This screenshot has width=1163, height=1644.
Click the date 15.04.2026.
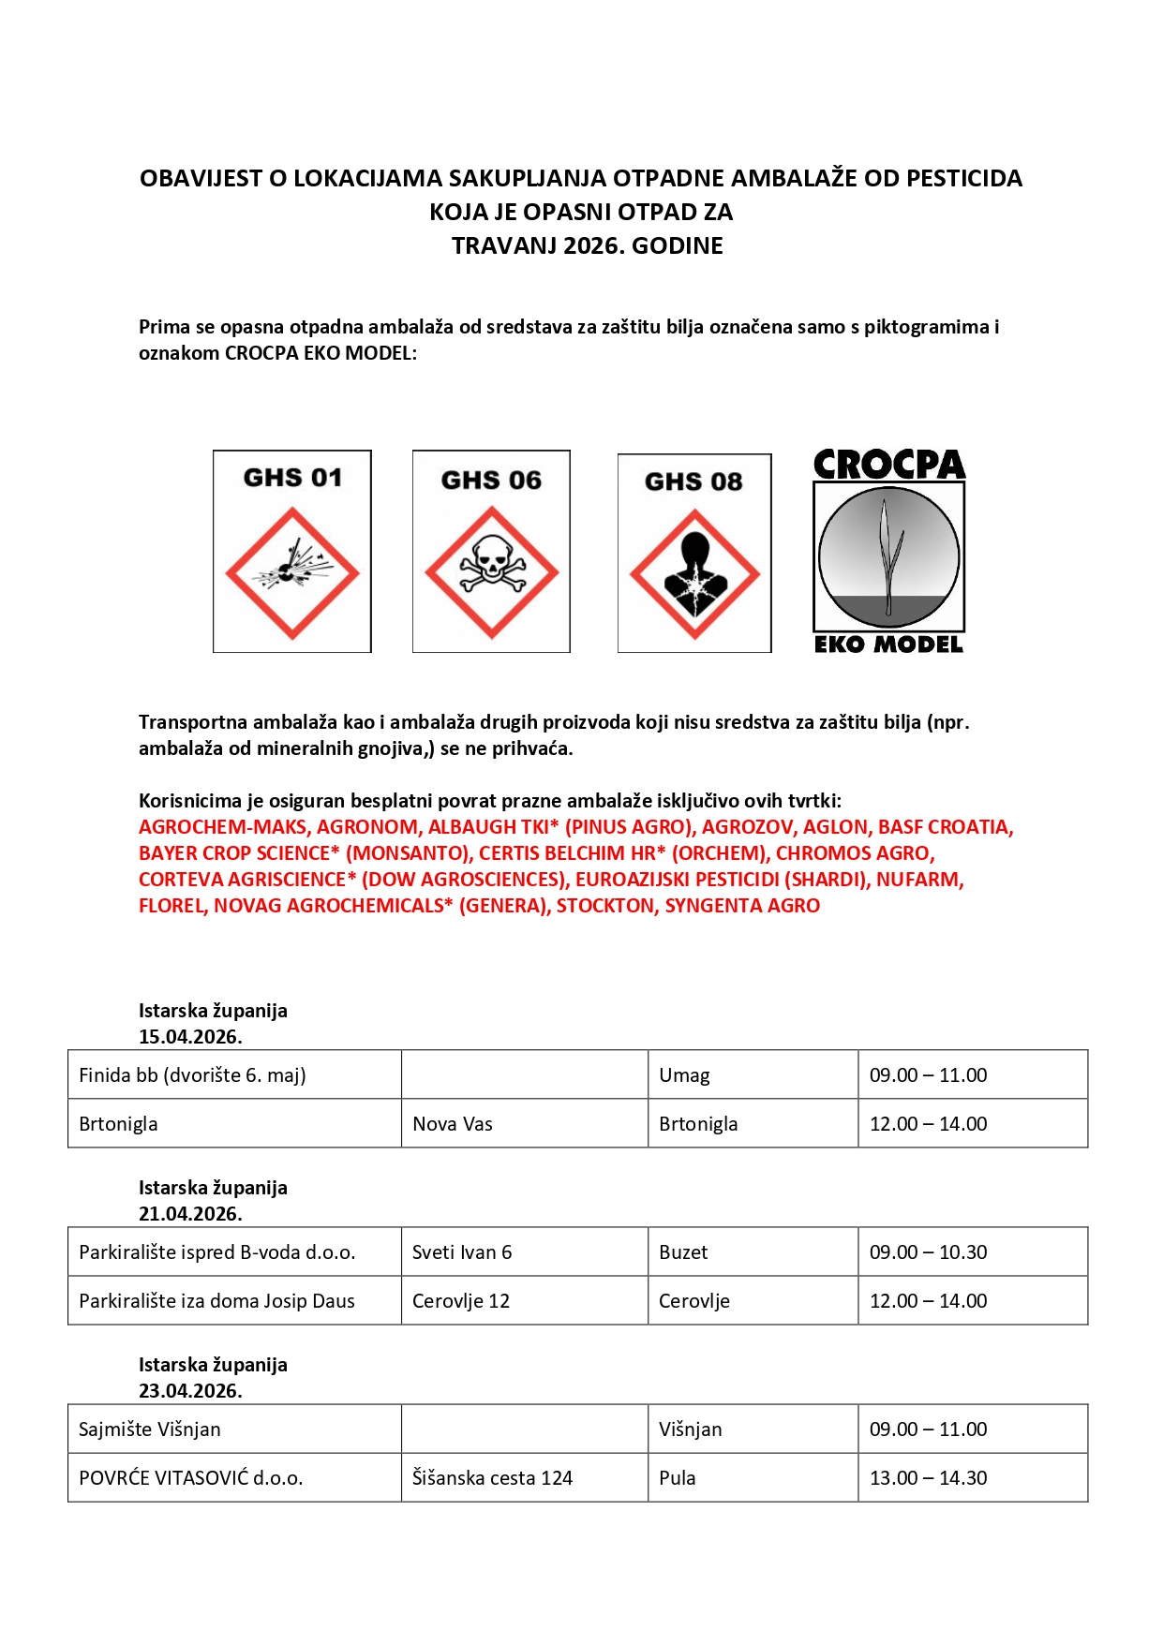pyautogui.click(x=190, y=1037)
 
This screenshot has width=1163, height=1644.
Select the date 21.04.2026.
pyautogui.click(x=190, y=1214)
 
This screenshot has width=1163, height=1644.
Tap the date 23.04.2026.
pyautogui.click(x=190, y=1391)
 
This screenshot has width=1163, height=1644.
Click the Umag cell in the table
pyautogui.click(x=684, y=1075)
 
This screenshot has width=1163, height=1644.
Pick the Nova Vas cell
pyautogui.click(x=453, y=1124)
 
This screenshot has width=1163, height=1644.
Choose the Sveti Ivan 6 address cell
pyautogui.click(x=462, y=1252)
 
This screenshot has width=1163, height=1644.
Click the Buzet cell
pyautogui.click(x=683, y=1252)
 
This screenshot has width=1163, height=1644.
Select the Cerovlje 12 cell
pyautogui.click(x=461, y=1301)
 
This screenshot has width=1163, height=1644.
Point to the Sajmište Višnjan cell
pyautogui.click(x=150, y=1429)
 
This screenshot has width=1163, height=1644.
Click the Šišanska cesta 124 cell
pyautogui.click(x=492, y=1478)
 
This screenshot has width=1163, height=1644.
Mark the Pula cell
pyautogui.click(x=678, y=1478)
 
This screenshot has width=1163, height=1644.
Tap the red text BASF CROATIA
pyautogui.click(x=945, y=827)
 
